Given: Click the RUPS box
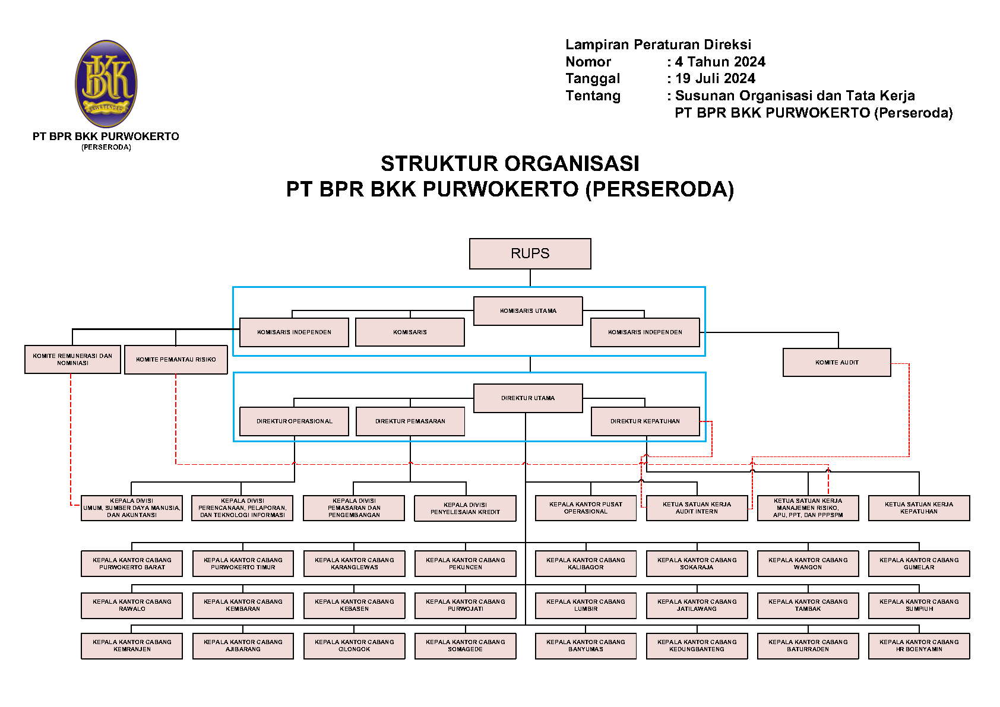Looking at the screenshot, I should (530, 253).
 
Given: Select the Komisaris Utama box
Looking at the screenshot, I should (528, 310).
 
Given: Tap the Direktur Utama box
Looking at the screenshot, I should (528, 398).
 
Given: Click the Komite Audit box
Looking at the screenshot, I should (837, 362).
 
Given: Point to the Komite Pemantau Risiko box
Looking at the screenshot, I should (176, 359).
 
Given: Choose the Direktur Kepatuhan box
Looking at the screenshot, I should (645, 421).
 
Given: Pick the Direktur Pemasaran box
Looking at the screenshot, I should (410, 421).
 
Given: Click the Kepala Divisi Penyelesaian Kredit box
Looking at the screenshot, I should (465, 508).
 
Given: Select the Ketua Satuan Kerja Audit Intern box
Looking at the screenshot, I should (697, 508).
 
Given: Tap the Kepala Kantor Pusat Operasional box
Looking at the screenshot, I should (586, 508).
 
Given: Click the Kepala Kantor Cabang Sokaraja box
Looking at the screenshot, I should (697, 563).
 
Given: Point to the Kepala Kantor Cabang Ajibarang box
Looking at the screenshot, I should (243, 645).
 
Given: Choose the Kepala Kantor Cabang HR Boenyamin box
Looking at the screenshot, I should (919, 645).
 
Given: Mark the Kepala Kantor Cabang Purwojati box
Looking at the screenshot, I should (465, 605).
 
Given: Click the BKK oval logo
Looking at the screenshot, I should (106, 84).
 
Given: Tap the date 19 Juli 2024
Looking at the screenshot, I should (715, 78).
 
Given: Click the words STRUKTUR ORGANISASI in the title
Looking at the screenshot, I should (510, 163).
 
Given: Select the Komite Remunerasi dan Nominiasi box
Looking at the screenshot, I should (72, 359).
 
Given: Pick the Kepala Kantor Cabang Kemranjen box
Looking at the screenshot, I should (132, 645).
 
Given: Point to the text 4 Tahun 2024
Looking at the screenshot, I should (720, 62).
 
